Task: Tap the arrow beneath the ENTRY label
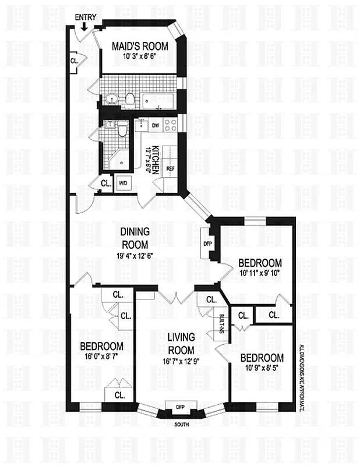84,26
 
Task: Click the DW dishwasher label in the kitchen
156,125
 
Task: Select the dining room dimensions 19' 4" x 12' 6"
135,255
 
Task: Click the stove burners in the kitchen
171,124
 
